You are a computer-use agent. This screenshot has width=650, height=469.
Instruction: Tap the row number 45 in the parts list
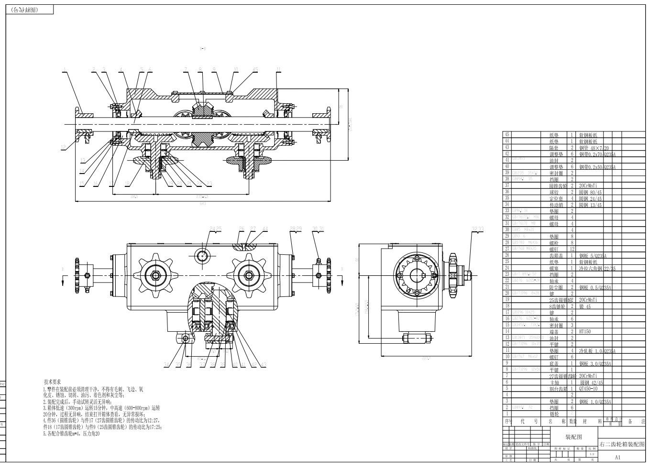tap(507, 135)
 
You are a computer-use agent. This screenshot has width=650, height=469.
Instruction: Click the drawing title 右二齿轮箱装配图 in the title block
tap(622, 444)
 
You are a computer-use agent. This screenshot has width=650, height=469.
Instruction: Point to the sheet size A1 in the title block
tap(617, 458)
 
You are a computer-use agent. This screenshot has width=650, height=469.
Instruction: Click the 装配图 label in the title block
tap(574, 437)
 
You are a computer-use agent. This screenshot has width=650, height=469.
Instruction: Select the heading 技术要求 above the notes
tap(52, 382)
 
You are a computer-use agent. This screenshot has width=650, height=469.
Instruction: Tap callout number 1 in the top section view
tap(64, 71)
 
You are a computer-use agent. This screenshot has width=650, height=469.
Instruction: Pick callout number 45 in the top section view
tap(255, 70)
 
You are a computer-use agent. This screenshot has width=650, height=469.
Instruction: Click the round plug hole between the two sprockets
tap(203, 255)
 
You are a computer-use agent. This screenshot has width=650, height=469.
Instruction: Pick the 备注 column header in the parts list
tap(630, 421)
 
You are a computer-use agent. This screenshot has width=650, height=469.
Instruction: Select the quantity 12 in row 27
tap(572, 249)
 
